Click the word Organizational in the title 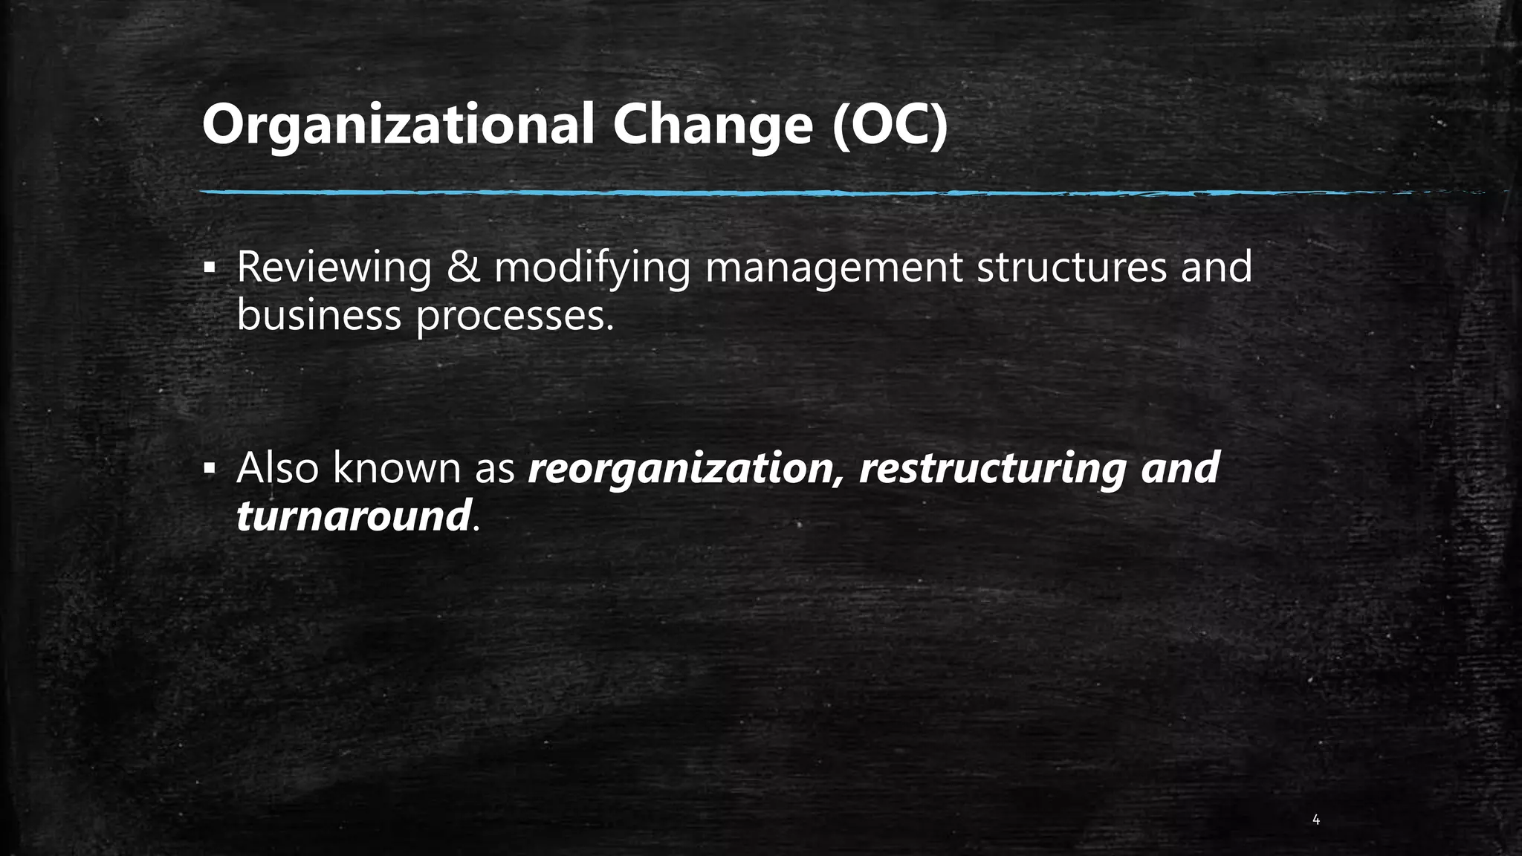click(398, 126)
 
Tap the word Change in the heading click(712, 126)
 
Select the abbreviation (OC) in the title click(890, 126)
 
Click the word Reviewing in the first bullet click(334, 267)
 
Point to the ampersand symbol click(463, 267)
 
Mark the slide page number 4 click(1316, 820)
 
